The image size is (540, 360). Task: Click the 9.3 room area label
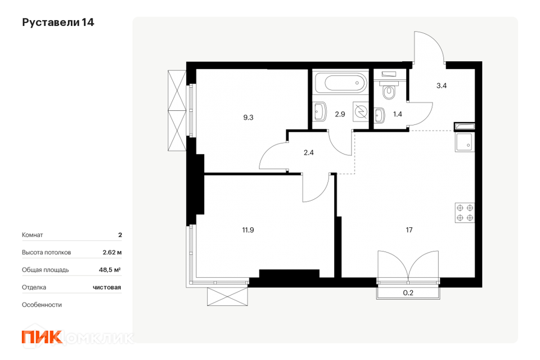tap(248, 118)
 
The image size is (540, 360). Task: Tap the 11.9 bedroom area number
tap(248, 229)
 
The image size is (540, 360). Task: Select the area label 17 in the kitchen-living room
tap(409, 229)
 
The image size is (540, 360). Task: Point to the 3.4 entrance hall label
tap(442, 85)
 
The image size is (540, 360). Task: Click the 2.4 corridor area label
tap(309, 152)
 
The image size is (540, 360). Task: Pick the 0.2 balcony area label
tap(408, 293)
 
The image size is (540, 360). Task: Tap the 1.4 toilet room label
tap(398, 114)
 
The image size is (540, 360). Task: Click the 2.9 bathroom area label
tap(340, 114)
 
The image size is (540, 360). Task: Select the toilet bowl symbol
tap(389, 89)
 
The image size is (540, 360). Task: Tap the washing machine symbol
tap(361, 111)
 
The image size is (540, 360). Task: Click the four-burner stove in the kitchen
tap(465, 213)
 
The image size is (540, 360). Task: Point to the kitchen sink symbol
tap(465, 142)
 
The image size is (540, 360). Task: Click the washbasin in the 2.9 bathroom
tap(320, 111)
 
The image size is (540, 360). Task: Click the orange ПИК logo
tap(42, 336)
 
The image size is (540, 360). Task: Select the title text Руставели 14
tap(58, 22)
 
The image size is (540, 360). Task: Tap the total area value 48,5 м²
tap(110, 270)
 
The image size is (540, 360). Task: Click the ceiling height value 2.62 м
tap(112, 252)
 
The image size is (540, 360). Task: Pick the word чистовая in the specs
tap(107, 287)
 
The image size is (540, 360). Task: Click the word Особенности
tap(42, 305)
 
